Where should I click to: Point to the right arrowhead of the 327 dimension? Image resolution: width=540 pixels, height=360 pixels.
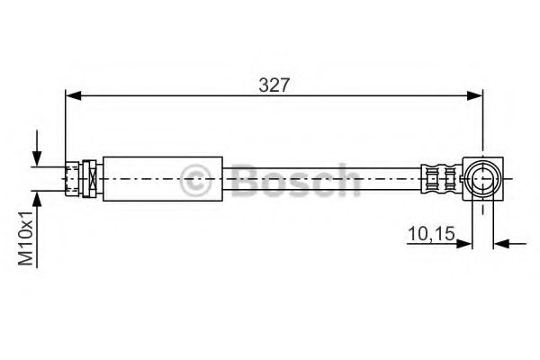[476, 94]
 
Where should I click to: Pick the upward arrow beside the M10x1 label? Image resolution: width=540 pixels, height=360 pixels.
[38, 200]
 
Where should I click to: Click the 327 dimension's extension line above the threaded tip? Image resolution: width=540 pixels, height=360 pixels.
[66, 126]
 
